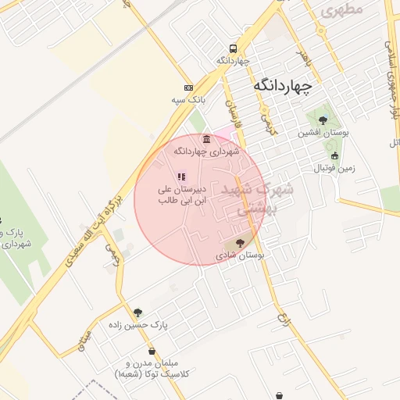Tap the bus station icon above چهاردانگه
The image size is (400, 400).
coord(233,47)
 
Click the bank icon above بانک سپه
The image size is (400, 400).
coord(187,87)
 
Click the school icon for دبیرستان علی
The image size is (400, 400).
coord(181,177)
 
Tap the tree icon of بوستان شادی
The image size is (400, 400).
coord(239,243)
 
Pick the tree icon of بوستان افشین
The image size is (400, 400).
coord(323,120)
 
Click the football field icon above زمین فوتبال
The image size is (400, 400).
coord(335,155)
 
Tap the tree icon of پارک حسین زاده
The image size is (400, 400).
coord(138,312)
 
